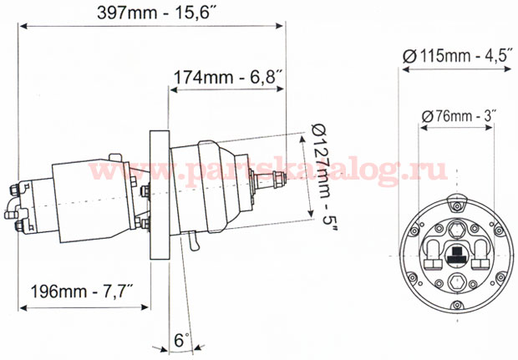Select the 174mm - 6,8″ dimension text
(x=227, y=78)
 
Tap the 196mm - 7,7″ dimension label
(x=82, y=292)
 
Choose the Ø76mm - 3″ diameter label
(x=460, y=116)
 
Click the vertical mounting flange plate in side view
(x=160, y=195)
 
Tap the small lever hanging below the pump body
(x=194, y=241)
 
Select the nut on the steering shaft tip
(x=279, y=180)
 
